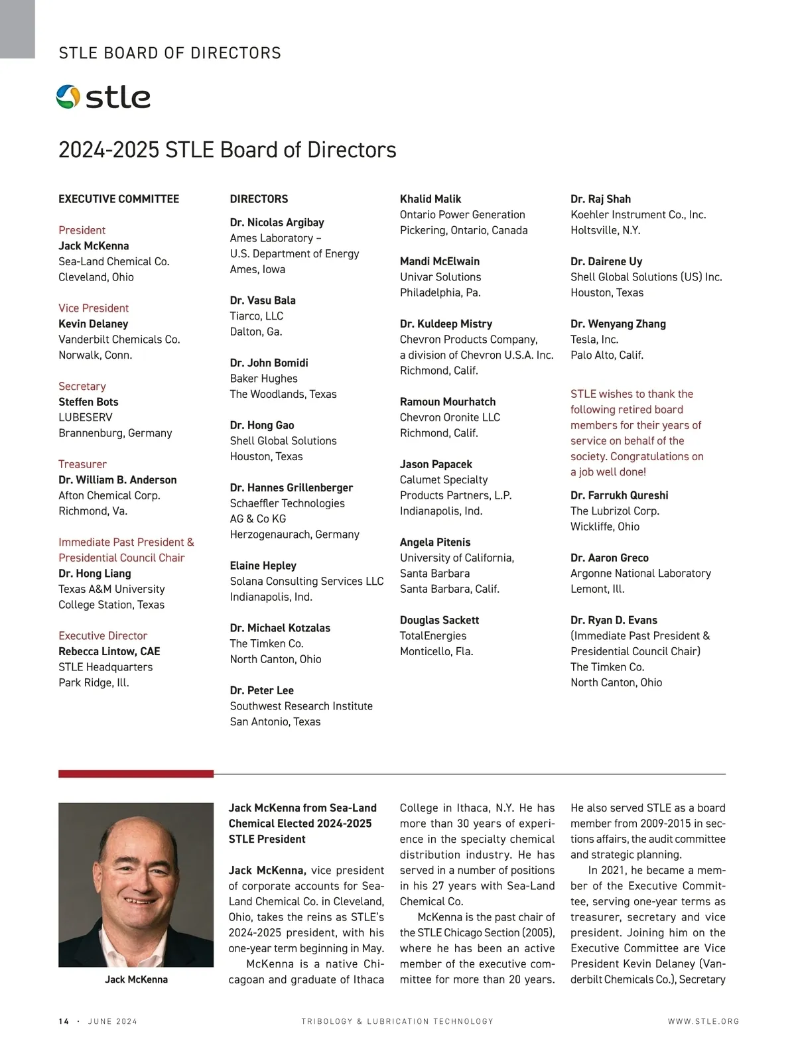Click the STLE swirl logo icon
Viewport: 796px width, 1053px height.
(x=68, y=97)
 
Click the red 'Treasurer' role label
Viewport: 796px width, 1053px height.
(x=82, y=464)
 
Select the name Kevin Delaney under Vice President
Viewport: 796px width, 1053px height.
(x=94, y=324)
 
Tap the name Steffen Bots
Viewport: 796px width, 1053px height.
(x=88, y=402)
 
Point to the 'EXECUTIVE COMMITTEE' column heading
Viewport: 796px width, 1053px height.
(x=119, y=199)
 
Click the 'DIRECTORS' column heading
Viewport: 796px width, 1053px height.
(x=259, y=199)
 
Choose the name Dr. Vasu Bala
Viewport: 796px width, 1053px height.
(x=263, y=300)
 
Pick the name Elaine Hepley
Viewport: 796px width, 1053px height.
(x=263, y=566)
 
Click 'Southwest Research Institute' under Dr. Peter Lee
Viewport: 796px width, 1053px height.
(x=301, y=706)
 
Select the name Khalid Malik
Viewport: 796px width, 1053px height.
(x=431, y=199)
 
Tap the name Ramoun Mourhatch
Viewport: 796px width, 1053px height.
(x=448, y=402)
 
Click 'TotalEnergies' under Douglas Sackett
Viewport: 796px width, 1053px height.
(x=433, y=636)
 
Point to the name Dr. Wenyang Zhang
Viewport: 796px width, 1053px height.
(x=618, y=324)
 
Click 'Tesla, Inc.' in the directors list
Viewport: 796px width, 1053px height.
(x=594, y=340)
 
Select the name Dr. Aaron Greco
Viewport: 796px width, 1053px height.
(x=610, y=558)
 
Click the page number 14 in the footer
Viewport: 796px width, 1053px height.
(x=64, y=1021)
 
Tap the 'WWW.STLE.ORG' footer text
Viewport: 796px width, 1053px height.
(x=703, y=1021)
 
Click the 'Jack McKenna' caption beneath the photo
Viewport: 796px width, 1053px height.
(x=136, y=979)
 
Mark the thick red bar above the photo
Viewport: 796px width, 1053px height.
(x=136, y=773)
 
